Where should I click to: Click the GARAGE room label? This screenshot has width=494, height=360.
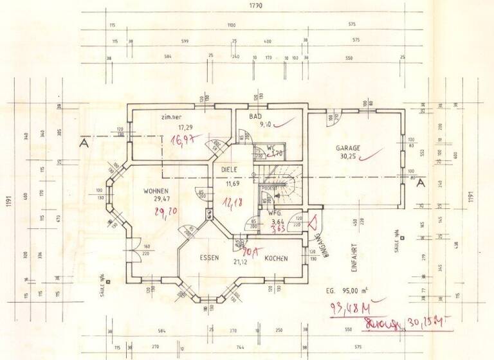tap(347, 148)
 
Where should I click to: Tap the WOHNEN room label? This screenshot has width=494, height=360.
tap(156, 191)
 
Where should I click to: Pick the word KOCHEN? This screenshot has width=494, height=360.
tap(275, 258)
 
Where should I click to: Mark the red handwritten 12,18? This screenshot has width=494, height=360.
tap(232, 203)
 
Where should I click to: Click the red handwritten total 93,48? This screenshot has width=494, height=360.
tap(344, 307)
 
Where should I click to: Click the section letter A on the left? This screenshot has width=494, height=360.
tap(83, 144)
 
